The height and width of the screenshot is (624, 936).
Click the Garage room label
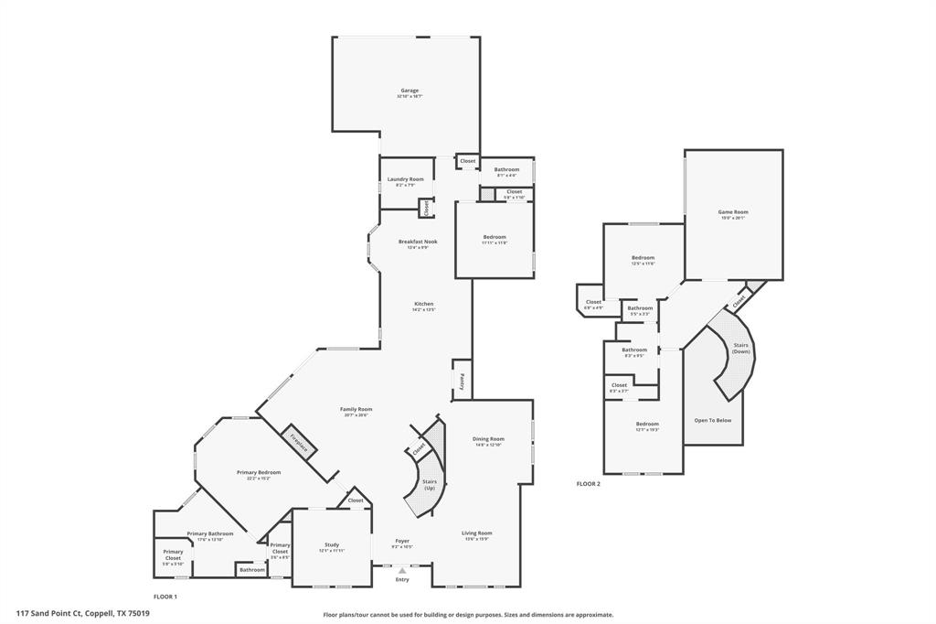coord(409,91)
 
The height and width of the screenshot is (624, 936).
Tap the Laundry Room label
coord(405,179)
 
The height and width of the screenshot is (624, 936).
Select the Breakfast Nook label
coord(418,242)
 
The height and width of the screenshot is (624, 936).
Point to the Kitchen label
coord(423,304)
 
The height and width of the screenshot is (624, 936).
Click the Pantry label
coord(463,381)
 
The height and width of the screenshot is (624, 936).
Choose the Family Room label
coord(356,410)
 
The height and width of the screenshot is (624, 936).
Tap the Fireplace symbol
coord(299,443)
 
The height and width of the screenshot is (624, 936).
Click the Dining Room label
coord(489,439)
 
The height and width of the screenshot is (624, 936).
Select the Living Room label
coord(477,533)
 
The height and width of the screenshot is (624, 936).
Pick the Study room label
coord(330,546)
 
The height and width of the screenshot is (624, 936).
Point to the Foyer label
coord(402,542)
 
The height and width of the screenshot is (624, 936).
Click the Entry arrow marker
coord(402,570)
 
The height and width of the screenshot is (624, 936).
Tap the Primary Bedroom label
coord(259,473)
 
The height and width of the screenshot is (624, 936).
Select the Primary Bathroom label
coord(210,534)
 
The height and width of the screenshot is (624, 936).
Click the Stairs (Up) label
coord(429,483)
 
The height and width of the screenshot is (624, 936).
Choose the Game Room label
coord(733,212)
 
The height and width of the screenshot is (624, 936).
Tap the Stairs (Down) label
coord(740,349)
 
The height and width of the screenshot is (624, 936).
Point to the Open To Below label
coord(713,420)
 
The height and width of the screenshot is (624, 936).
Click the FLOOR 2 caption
coord(588,483)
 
